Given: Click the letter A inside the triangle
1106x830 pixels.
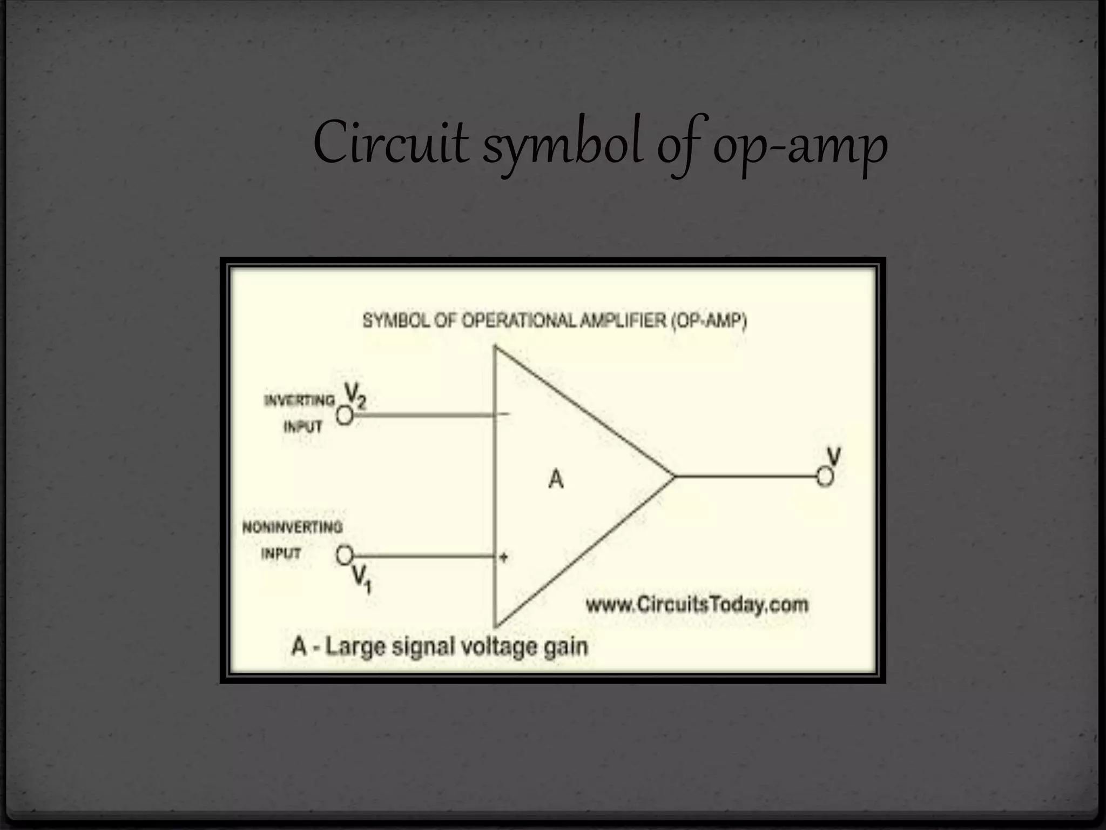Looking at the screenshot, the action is [556, 479].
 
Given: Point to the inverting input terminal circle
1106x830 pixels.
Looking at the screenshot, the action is [345, 416].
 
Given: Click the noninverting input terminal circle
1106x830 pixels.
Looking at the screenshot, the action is [344, 555].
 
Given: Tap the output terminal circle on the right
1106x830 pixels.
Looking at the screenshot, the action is [825, 477].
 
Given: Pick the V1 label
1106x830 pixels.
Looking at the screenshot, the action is [361, 579].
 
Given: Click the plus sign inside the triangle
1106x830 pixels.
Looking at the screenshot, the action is [503, 557].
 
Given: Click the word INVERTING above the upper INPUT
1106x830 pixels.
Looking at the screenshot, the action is [299, 400].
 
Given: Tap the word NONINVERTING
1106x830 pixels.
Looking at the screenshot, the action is [292, 527].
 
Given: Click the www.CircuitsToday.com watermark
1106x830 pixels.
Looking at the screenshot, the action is [697, 604].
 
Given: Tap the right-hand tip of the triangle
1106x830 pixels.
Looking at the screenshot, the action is [674, 477].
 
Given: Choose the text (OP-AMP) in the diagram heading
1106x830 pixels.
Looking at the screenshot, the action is [709, 321].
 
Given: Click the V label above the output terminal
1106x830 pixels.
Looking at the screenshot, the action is [834, 457].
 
